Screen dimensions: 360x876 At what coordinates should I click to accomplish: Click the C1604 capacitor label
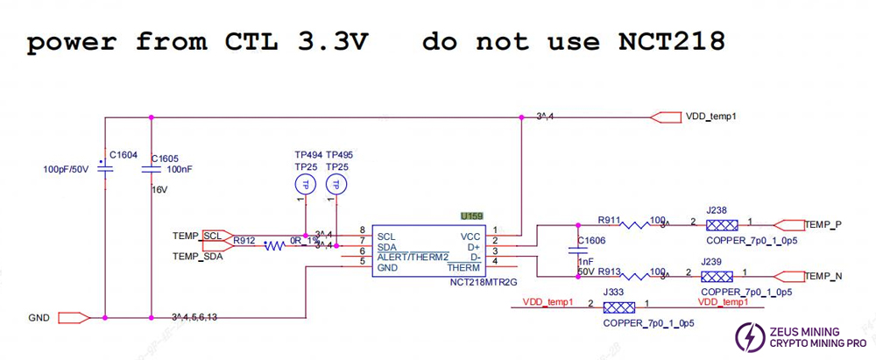pyautogui.click(x=123, y=154)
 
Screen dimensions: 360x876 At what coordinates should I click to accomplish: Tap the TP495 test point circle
pyautogui.click(x=334, y=185)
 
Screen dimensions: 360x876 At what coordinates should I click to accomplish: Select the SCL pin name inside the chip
pyautogui.click(x=386, y=236)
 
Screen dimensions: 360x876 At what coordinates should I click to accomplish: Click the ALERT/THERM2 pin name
pyautogui.click(x=412, y=257)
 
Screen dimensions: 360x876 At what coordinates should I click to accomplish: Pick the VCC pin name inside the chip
pyautogui.click(x=470, y=236)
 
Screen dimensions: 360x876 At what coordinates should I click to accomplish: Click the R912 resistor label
pyautogui.click(x=245, y=240)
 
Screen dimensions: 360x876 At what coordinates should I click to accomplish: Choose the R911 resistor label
pyautogui.click(x=611, y=221)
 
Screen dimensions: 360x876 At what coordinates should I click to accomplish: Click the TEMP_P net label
pyautogui.click(x=823, y=225)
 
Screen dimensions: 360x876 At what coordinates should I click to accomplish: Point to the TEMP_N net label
pyautogui.click(x=823, y=276)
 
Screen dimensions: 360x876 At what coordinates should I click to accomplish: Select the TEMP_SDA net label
pyautogui.click(x=197, y=256)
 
